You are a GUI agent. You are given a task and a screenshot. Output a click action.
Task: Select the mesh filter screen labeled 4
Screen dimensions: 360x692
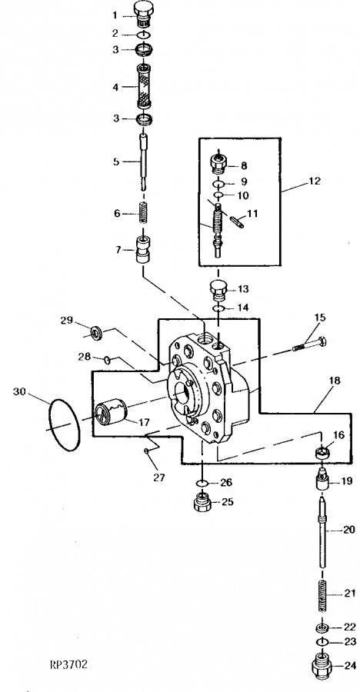click(x=144, y=86)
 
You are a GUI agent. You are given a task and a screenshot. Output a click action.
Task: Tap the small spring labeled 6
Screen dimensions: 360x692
click(x=142, y=212)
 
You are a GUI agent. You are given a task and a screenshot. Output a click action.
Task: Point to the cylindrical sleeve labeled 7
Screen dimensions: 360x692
click(x=143, y=250)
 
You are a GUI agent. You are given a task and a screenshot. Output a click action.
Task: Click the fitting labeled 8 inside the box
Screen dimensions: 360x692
click(x=219, y=165)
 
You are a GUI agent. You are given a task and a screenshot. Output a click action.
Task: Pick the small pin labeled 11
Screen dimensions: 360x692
click(x=237, y=221)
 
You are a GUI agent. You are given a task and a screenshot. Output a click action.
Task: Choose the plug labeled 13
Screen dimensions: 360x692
click(x=218, y=289)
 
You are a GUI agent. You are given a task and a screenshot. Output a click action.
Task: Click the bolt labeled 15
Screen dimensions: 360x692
click(x=309, y=344)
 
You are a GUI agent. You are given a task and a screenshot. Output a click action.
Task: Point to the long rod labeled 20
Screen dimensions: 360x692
click(x=323, y=533)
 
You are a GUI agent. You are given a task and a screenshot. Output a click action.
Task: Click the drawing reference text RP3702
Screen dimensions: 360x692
click(x=68, y=664)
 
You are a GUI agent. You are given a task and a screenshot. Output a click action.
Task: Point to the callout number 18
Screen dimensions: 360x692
click(x=335, y=381)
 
